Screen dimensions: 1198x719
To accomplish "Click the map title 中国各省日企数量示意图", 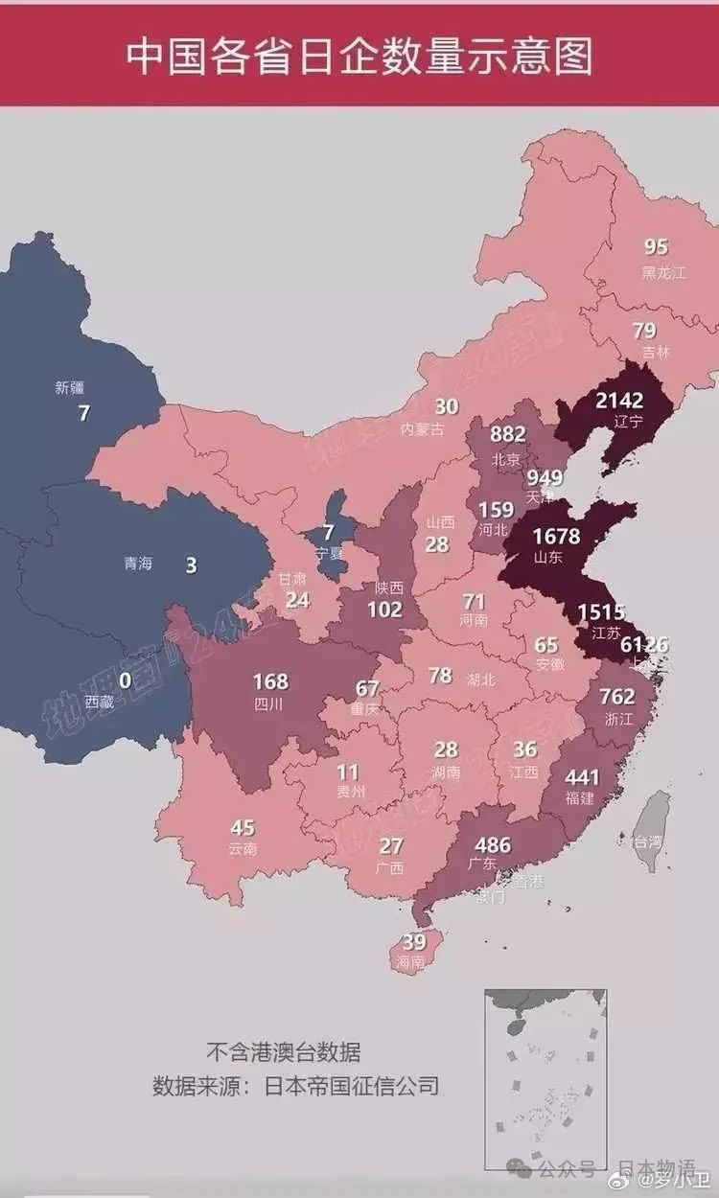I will [x=359, y=57].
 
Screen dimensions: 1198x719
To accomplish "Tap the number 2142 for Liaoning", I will [x=618, y=400].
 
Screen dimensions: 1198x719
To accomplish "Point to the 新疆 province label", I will [x=71, y=388].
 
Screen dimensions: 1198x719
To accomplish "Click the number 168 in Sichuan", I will [x=269, y=682].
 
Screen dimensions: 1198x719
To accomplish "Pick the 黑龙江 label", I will [x=663, y=272].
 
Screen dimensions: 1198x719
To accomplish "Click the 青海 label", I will [x=138, y=564].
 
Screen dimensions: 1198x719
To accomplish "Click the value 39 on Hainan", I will [x=414, y=941].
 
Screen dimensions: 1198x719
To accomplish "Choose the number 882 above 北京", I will [x=508, y=434].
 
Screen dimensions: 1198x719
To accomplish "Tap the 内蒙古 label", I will [x=422, y=429].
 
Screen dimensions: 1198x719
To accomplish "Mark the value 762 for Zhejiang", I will [x=617, y=696].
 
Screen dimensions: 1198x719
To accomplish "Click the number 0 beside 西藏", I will [x=125, y=680].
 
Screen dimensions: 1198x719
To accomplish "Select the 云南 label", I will [x=243, y=849].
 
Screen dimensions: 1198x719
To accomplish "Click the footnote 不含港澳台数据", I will [x=284, y=1052].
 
